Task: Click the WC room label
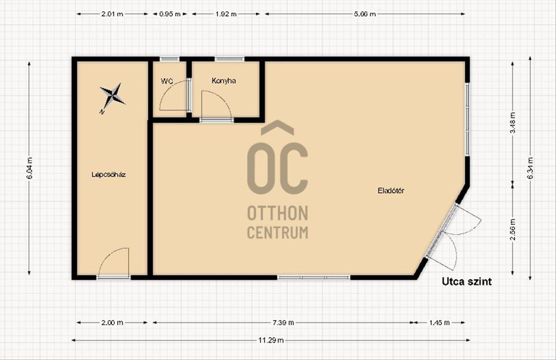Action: [167, 81]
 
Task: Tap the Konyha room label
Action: [224, 81]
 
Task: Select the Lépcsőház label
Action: [108, 175]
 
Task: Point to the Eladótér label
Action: [391, 191]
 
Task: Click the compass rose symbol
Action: [113, 96]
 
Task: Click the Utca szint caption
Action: [467, 282]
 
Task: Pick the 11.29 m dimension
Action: [271, 340]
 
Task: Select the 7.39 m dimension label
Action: [283, 322]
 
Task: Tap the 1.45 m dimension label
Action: [439, 322]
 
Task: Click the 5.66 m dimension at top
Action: [365, 14]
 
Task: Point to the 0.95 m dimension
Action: [170, 14]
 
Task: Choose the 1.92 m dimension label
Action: [226, 14]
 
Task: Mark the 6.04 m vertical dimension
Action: [30, 168]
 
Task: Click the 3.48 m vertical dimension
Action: [513, 123]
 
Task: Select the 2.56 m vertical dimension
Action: [513, 229]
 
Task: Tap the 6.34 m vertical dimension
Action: [530, 168]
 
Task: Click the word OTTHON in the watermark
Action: [278, 213]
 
